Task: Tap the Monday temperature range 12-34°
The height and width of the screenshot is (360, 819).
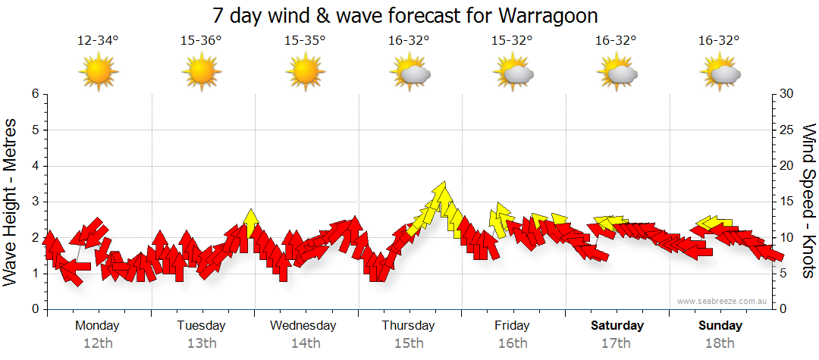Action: pos(98,41)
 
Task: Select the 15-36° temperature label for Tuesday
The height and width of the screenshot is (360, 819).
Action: pos(201,41)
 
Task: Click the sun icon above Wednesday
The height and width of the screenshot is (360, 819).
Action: pos(305,71)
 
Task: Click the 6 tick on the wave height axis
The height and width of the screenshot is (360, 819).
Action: pos(34,94)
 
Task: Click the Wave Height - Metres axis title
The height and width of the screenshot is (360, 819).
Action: pos(11,201)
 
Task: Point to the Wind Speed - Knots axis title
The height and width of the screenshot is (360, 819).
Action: pos(809,201)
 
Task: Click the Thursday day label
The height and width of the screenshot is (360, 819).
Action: pos(408,326)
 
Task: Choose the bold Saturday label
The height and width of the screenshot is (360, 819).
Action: pos(617,326)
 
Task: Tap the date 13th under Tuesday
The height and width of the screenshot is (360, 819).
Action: pos(201,343)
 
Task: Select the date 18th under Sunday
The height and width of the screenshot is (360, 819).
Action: pos(720,343)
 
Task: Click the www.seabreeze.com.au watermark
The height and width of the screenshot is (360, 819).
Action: pos(723,302)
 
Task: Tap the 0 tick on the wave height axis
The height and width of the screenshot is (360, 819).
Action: pos(34,309)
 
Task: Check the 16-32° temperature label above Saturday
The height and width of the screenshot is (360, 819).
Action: pos(616,41)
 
